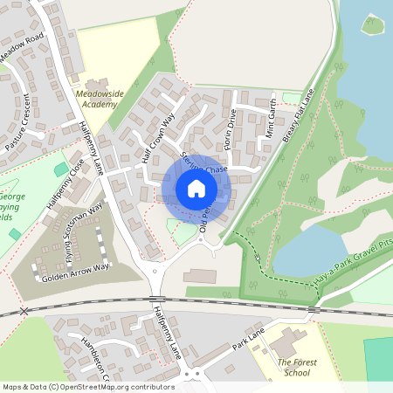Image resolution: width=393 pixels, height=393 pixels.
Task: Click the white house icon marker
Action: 196,189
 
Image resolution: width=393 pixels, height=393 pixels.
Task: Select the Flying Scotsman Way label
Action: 84,232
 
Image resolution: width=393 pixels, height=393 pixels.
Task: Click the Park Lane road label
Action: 248,337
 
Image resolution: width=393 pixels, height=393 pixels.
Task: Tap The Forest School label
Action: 293,367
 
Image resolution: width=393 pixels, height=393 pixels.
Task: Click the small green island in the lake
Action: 373,24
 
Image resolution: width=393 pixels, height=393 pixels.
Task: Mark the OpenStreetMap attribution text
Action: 88,386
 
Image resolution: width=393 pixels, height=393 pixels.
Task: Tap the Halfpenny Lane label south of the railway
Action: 162,331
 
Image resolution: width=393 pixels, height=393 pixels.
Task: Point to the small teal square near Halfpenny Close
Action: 60,169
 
